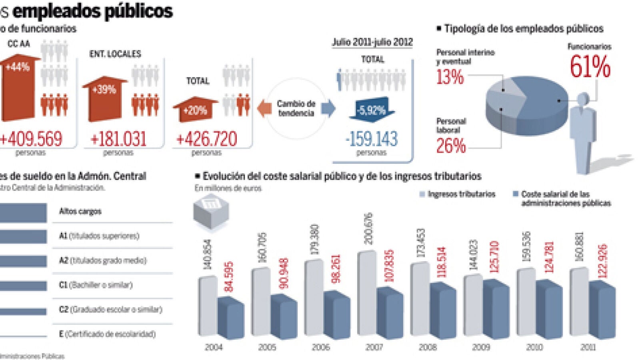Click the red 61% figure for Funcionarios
(590, 66)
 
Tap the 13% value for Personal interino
(450, 76)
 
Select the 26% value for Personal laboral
(451, 146)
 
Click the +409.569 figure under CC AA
(31, 139)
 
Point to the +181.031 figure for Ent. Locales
(118, 139)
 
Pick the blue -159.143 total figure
(372, 139)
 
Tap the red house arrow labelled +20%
(195, 110)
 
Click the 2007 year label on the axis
(374, 347)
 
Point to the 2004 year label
(214, 347)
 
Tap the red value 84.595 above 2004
(229, 276)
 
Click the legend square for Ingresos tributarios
(422, 194)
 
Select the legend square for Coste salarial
(516, 194)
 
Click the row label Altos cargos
(80, 211)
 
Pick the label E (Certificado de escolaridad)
(107, 334)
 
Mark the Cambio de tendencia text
(296, 108)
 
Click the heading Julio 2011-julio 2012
(372, 42)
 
